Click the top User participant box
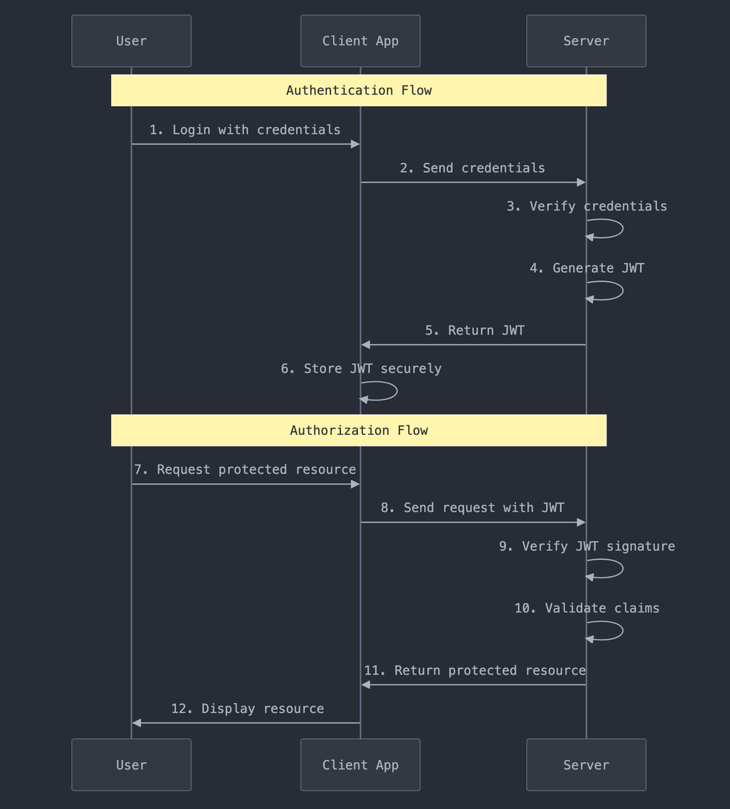tap(131, 41)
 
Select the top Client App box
tap(360, 41)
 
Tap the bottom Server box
tap(585, 764)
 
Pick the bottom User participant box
tap(131, 764)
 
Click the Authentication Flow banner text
tap(358, 91)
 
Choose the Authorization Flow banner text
tap(358, 430)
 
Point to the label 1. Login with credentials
tap(245, 130)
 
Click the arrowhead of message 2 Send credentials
tap(581, 182)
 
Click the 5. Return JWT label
tap(474, 330)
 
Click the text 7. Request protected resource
tap(245, 470)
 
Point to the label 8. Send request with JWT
tap(472, 508)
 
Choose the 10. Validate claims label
tap(586, 608)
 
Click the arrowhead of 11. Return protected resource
tap(366, 685)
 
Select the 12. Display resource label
tap(247, 709)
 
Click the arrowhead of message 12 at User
tap(137, 723)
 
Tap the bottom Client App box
tap(360, 764)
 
